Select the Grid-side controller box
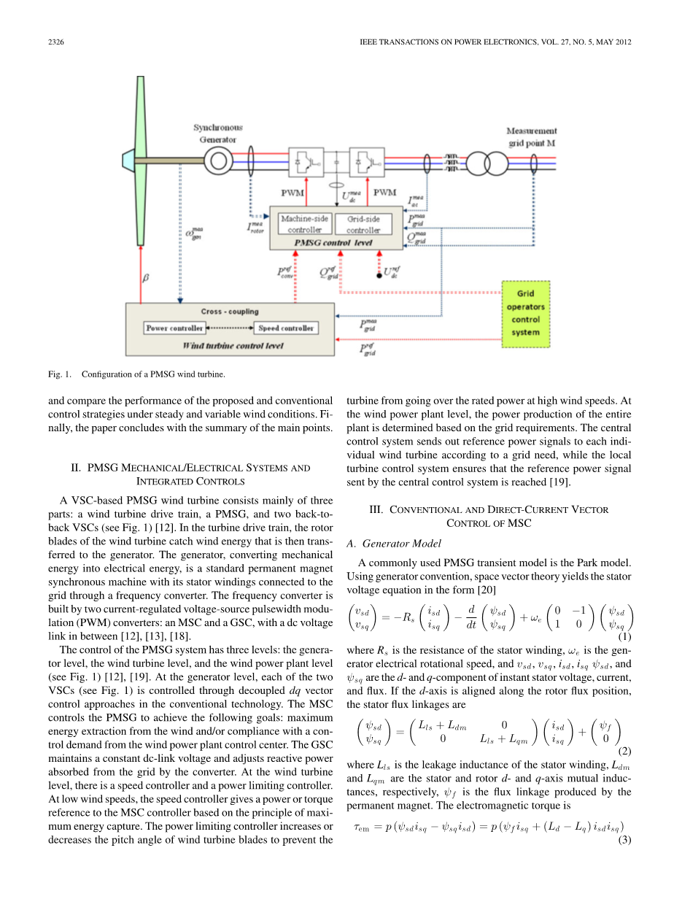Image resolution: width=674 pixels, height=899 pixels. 363,224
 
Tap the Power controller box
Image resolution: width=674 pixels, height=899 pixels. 175,328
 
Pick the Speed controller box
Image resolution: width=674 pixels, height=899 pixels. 287,328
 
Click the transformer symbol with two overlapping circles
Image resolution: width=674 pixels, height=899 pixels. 487,161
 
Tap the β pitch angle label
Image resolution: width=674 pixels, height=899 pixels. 144,277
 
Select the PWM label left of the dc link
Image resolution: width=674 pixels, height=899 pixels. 294,193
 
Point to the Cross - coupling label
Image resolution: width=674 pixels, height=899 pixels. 230,312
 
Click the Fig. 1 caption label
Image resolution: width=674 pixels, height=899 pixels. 59,375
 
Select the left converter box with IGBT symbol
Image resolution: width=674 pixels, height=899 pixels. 306,161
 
